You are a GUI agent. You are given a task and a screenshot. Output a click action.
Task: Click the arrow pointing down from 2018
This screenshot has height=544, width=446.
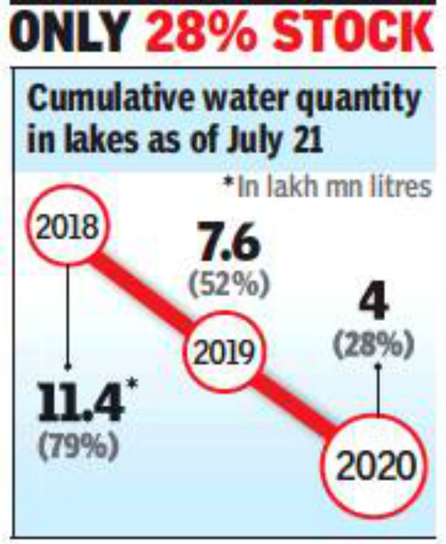pos(67,316)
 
